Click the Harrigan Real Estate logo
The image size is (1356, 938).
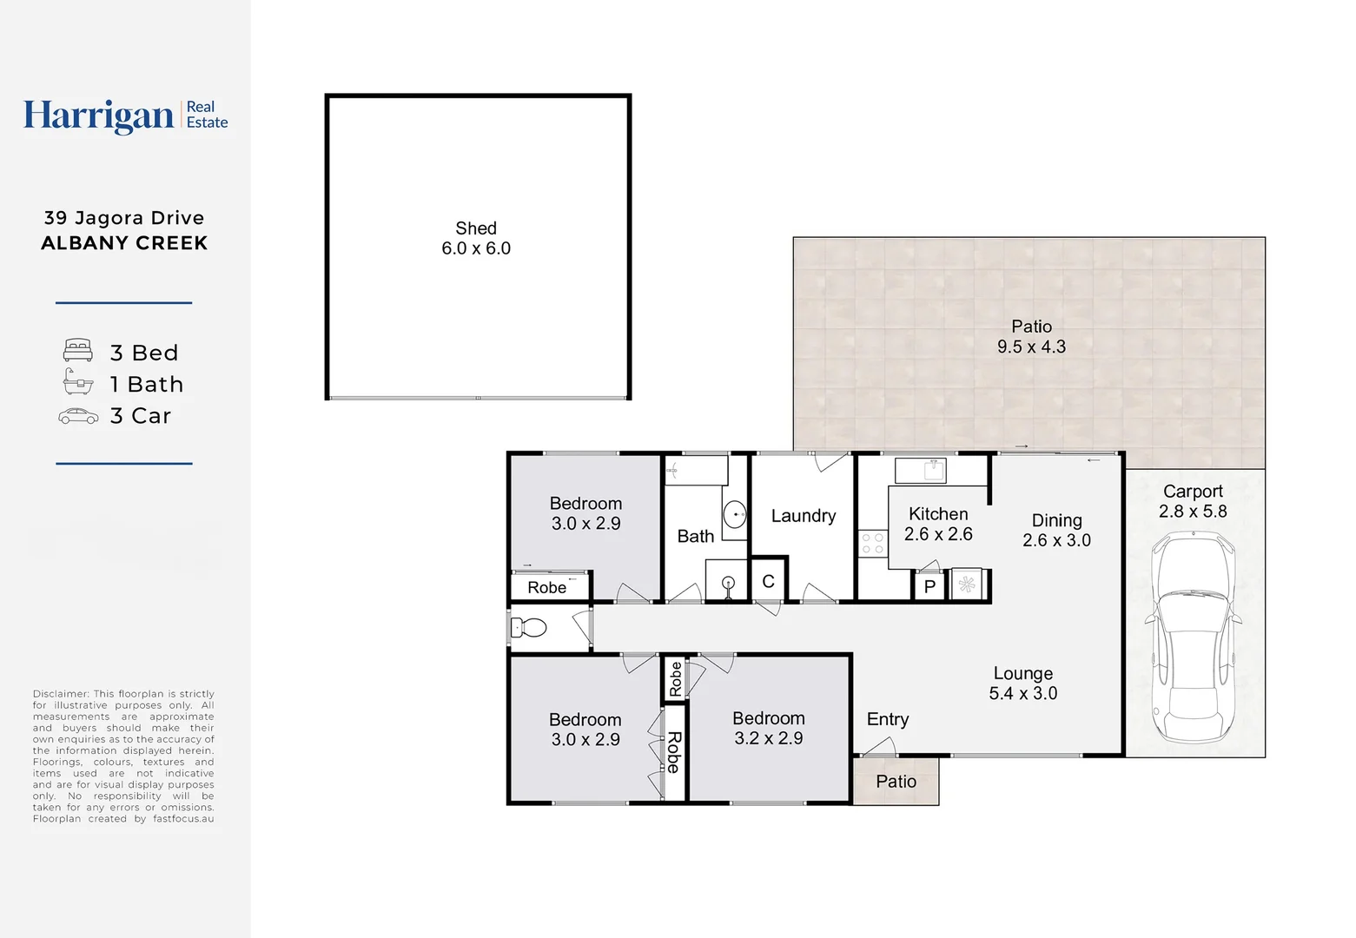coord(125,116)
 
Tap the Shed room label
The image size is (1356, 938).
coord(476,228)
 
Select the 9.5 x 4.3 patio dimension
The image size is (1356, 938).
coord(1031,347)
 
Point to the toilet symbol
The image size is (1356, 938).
coord(529,627)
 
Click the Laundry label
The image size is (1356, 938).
coord(804,516)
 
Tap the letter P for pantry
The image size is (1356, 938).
coord(929,586)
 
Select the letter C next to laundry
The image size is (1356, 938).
coord(768,582)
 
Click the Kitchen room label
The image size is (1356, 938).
coord(938,514)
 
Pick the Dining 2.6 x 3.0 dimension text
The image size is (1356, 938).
coord(1056,540)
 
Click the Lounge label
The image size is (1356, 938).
coord(1022,673)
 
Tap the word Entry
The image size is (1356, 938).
coord(888,719)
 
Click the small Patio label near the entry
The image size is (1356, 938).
coord(896,782)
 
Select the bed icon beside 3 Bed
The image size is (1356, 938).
coord(78,351)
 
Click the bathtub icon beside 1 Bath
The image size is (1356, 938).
coord(78,382)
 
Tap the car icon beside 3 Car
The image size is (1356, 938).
coord(78,416)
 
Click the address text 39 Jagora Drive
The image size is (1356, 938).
coord(124,218)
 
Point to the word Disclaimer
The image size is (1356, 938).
coord(61,694)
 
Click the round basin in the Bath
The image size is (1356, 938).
coord(735,514)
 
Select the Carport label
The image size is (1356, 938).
coord(1193,492)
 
